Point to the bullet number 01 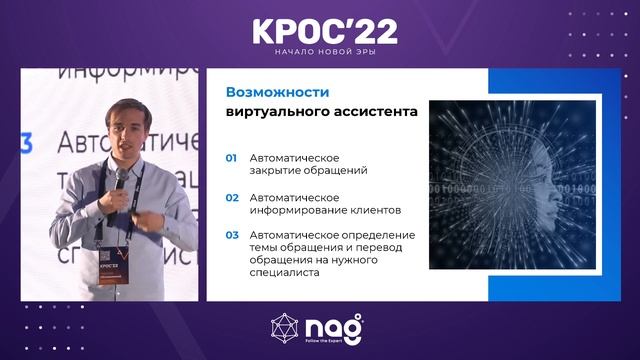[231, 158]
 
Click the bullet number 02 [231, 197]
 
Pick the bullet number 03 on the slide [231, 236]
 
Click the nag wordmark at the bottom [336, 326]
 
